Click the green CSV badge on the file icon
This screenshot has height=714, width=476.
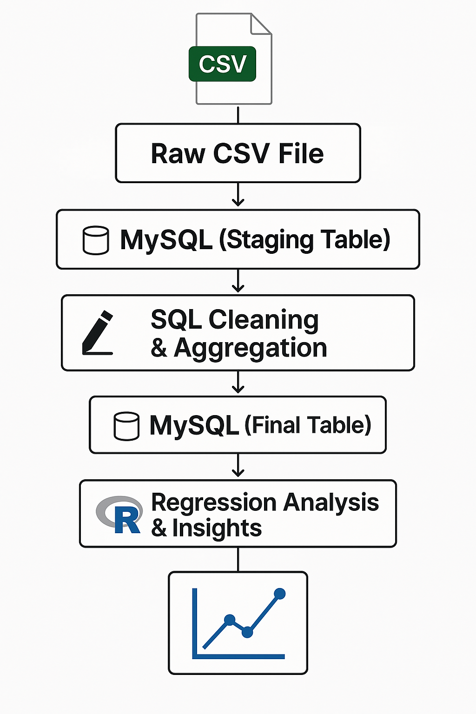(222, 64)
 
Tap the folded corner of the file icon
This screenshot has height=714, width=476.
(261, 24)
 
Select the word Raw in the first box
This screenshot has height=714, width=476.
(178, 154)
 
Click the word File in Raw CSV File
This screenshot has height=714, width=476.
(301, 154)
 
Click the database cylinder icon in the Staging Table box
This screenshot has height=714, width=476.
(96, 240)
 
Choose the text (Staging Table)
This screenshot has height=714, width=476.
(304, 240)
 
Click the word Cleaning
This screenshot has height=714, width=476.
(263, 320)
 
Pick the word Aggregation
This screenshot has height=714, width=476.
(250, 348)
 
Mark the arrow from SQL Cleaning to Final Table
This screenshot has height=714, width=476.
(238, 383)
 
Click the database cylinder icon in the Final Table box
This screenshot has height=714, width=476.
(126, 426)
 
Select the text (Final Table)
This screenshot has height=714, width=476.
(308, 425)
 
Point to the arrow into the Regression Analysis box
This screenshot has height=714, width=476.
(238, 466)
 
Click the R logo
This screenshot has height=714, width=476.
(120, 515)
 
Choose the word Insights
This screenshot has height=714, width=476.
(217, 529)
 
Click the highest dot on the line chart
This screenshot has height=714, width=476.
(279, 594)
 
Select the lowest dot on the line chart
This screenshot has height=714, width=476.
(247, 632)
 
